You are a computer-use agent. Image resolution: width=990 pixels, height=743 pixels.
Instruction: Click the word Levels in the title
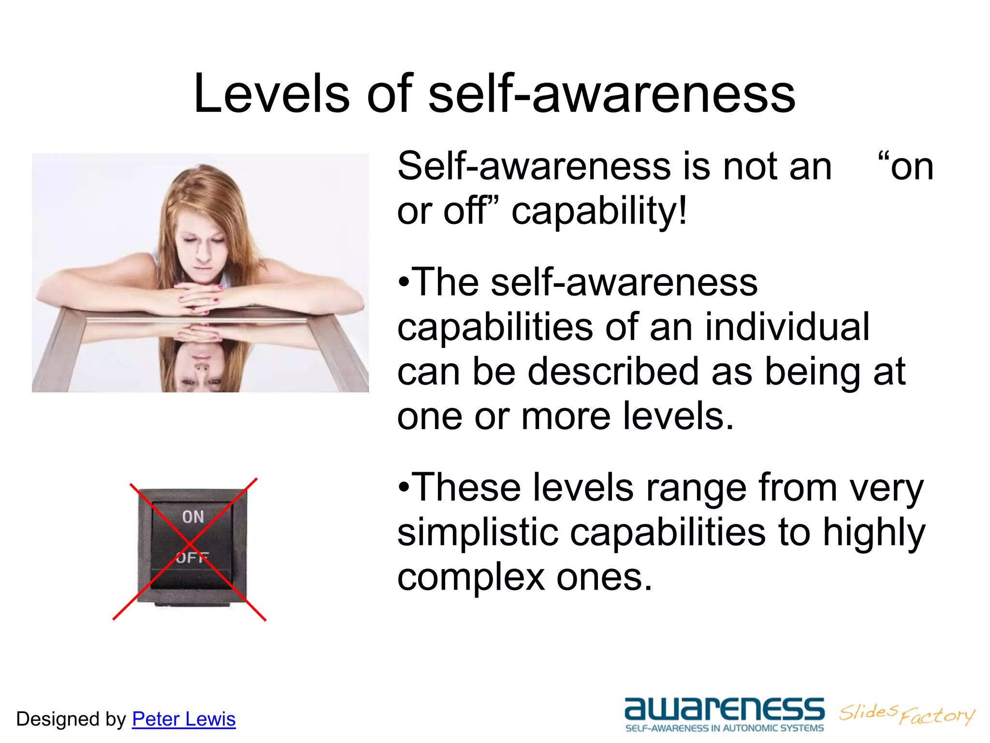click(271, 93)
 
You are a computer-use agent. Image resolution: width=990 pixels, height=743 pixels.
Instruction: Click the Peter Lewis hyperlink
click(184, 719)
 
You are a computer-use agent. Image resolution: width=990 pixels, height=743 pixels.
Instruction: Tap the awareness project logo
click(724, 710)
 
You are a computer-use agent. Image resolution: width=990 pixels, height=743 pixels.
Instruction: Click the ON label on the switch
click(193, 517)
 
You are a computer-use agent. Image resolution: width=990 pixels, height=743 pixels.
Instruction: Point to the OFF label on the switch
click(192, 558)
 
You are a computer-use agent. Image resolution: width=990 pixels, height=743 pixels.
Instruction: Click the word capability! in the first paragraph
click(599, 211)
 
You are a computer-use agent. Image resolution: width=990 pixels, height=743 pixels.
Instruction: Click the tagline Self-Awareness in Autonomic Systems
click(724, 728)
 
